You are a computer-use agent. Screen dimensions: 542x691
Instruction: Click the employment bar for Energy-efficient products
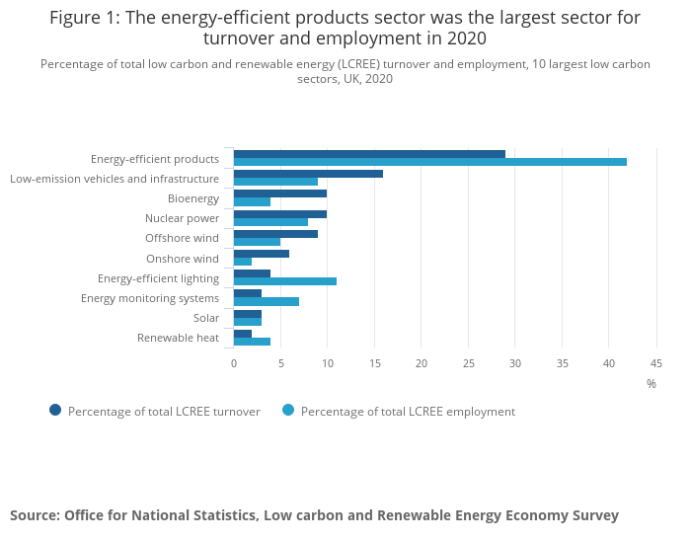(x=430, y=162)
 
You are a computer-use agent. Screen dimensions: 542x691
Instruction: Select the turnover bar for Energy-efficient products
(x=369, y=154)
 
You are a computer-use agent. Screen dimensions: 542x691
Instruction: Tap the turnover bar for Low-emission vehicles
(x=308, y=174)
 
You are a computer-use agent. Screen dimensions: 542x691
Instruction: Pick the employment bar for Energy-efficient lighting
(x=285, y=281)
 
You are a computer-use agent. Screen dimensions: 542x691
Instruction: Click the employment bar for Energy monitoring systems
(x=267, y=301)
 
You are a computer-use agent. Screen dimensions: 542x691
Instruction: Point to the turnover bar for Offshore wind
(x=275, y=234)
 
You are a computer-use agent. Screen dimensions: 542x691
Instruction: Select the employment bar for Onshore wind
(x=243, y=262)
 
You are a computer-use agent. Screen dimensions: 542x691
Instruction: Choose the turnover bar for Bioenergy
(x=280, y=194)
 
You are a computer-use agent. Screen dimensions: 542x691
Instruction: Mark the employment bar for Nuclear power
(x=270, y=222)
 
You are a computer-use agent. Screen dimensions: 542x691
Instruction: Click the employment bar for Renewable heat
(x=252, y=342)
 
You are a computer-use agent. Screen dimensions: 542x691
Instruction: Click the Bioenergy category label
(x=193, y=198)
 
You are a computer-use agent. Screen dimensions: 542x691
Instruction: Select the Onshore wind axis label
(x=183, y=259)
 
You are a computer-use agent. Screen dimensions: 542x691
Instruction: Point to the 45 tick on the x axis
(x=655, y=363)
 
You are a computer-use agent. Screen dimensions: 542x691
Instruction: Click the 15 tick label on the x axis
(x=374, y=363)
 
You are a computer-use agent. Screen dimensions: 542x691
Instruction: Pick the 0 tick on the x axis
(x=234, y=363)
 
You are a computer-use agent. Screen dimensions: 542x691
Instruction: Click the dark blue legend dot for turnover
(x=55, y=411)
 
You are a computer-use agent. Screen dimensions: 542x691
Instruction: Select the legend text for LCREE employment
(x=408, y=412)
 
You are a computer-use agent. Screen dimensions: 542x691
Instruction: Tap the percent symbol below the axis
(x=652, y=383)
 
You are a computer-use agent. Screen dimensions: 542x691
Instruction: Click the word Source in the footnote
(x=34, y=515)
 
